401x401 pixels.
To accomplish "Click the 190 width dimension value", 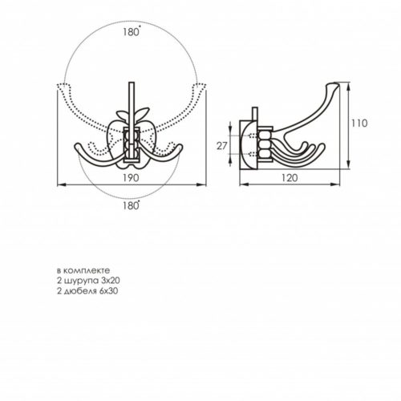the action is click(131, 178).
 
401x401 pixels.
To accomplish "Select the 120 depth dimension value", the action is click(290, 178).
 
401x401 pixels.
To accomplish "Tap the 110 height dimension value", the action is click(359, 124).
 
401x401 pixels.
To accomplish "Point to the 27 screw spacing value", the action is click(221, 146).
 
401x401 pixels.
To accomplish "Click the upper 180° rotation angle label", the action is click(132, 32).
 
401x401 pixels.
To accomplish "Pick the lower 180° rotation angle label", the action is click(132, 205).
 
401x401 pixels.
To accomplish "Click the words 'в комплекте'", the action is click(83, 270).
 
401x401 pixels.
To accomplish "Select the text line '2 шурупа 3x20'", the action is click(88, 281).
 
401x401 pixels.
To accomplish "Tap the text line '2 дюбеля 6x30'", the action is click(87, 291).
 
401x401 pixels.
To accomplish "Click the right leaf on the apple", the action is click(142, 111).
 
